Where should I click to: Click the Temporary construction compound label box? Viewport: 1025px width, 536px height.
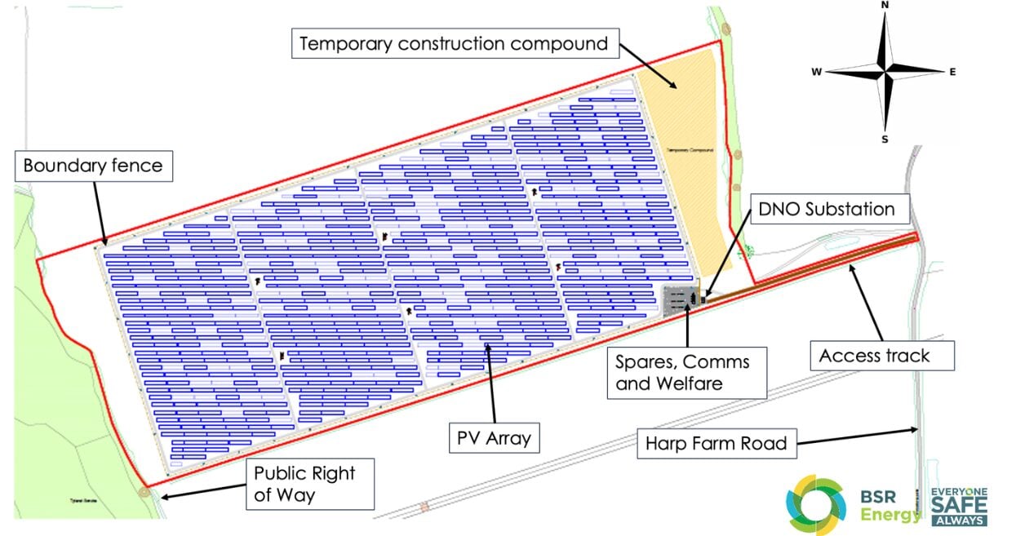click(454, 43)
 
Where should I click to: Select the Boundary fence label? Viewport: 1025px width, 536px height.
click(92, 166)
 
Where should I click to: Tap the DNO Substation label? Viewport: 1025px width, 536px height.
click(826, 209)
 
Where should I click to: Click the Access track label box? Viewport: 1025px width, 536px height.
click(874, 356)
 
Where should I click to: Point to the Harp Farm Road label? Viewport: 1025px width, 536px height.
click(716, 444)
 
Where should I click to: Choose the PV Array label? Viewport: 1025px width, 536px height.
click(492, 438)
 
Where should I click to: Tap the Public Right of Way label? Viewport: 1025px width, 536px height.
click(304, 484)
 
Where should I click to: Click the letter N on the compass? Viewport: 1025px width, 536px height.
click(885, 5)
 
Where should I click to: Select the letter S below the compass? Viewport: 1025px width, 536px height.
click(885, 139)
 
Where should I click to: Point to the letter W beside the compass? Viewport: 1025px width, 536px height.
click(816, 73)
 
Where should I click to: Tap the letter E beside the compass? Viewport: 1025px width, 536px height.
click(952, 73)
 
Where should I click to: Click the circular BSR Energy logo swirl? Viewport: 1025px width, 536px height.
click(816, 505)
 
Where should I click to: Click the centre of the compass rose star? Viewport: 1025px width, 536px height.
click(885, 72)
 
